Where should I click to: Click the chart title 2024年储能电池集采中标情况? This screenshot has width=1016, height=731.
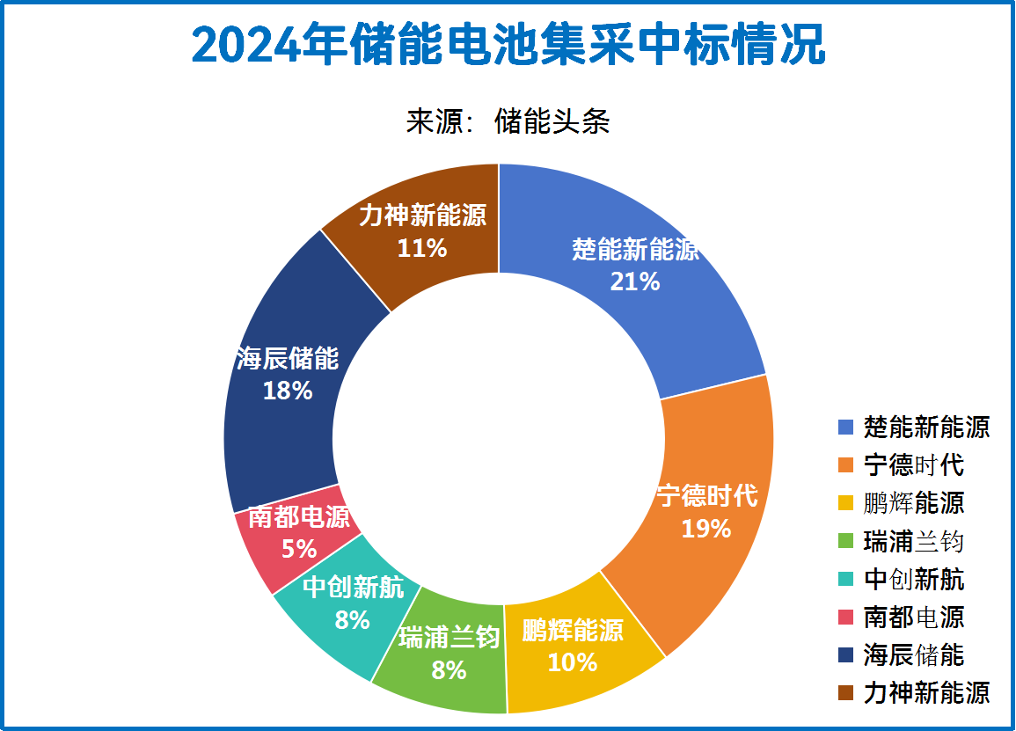click(x=508, y=44)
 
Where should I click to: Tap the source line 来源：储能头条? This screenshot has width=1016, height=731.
click(x=508, y=121)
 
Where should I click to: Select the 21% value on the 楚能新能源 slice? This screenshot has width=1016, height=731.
click(x=634, y=281)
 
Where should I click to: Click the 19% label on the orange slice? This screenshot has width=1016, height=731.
click(x=706, y=529)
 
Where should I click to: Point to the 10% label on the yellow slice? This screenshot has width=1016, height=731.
click(x=572, y=662)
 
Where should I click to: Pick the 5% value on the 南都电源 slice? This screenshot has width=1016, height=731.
click(x=299, y=549)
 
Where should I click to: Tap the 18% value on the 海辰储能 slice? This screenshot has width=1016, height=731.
click(x=288, y=391)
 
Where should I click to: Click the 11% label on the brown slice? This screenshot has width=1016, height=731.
click(x=422, y=249)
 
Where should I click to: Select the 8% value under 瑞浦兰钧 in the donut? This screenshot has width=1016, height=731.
click(x=449, y=670)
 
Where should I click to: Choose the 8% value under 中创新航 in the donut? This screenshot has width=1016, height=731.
click(x=352, y=620)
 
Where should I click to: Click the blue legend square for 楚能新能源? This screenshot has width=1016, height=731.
click(x=846, y=428)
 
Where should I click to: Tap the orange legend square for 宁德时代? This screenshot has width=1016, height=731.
click(x=846, y=465)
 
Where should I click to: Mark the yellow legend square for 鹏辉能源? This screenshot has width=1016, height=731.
click(x=846, y=503)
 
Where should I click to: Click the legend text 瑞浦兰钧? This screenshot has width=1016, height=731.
click(x=914, y=541)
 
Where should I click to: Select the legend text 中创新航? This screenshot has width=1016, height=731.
click(x=914, y=579)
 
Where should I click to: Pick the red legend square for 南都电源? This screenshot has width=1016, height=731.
click(x=846, y=617)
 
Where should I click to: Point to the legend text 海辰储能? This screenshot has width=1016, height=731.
click(x=914, y=654)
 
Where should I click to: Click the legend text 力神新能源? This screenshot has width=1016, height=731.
click(x=926, y=692)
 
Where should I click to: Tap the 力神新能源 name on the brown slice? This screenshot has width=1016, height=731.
click(x=422, y=216)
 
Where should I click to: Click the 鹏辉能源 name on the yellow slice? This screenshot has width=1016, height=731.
click(x=572, y=631)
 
